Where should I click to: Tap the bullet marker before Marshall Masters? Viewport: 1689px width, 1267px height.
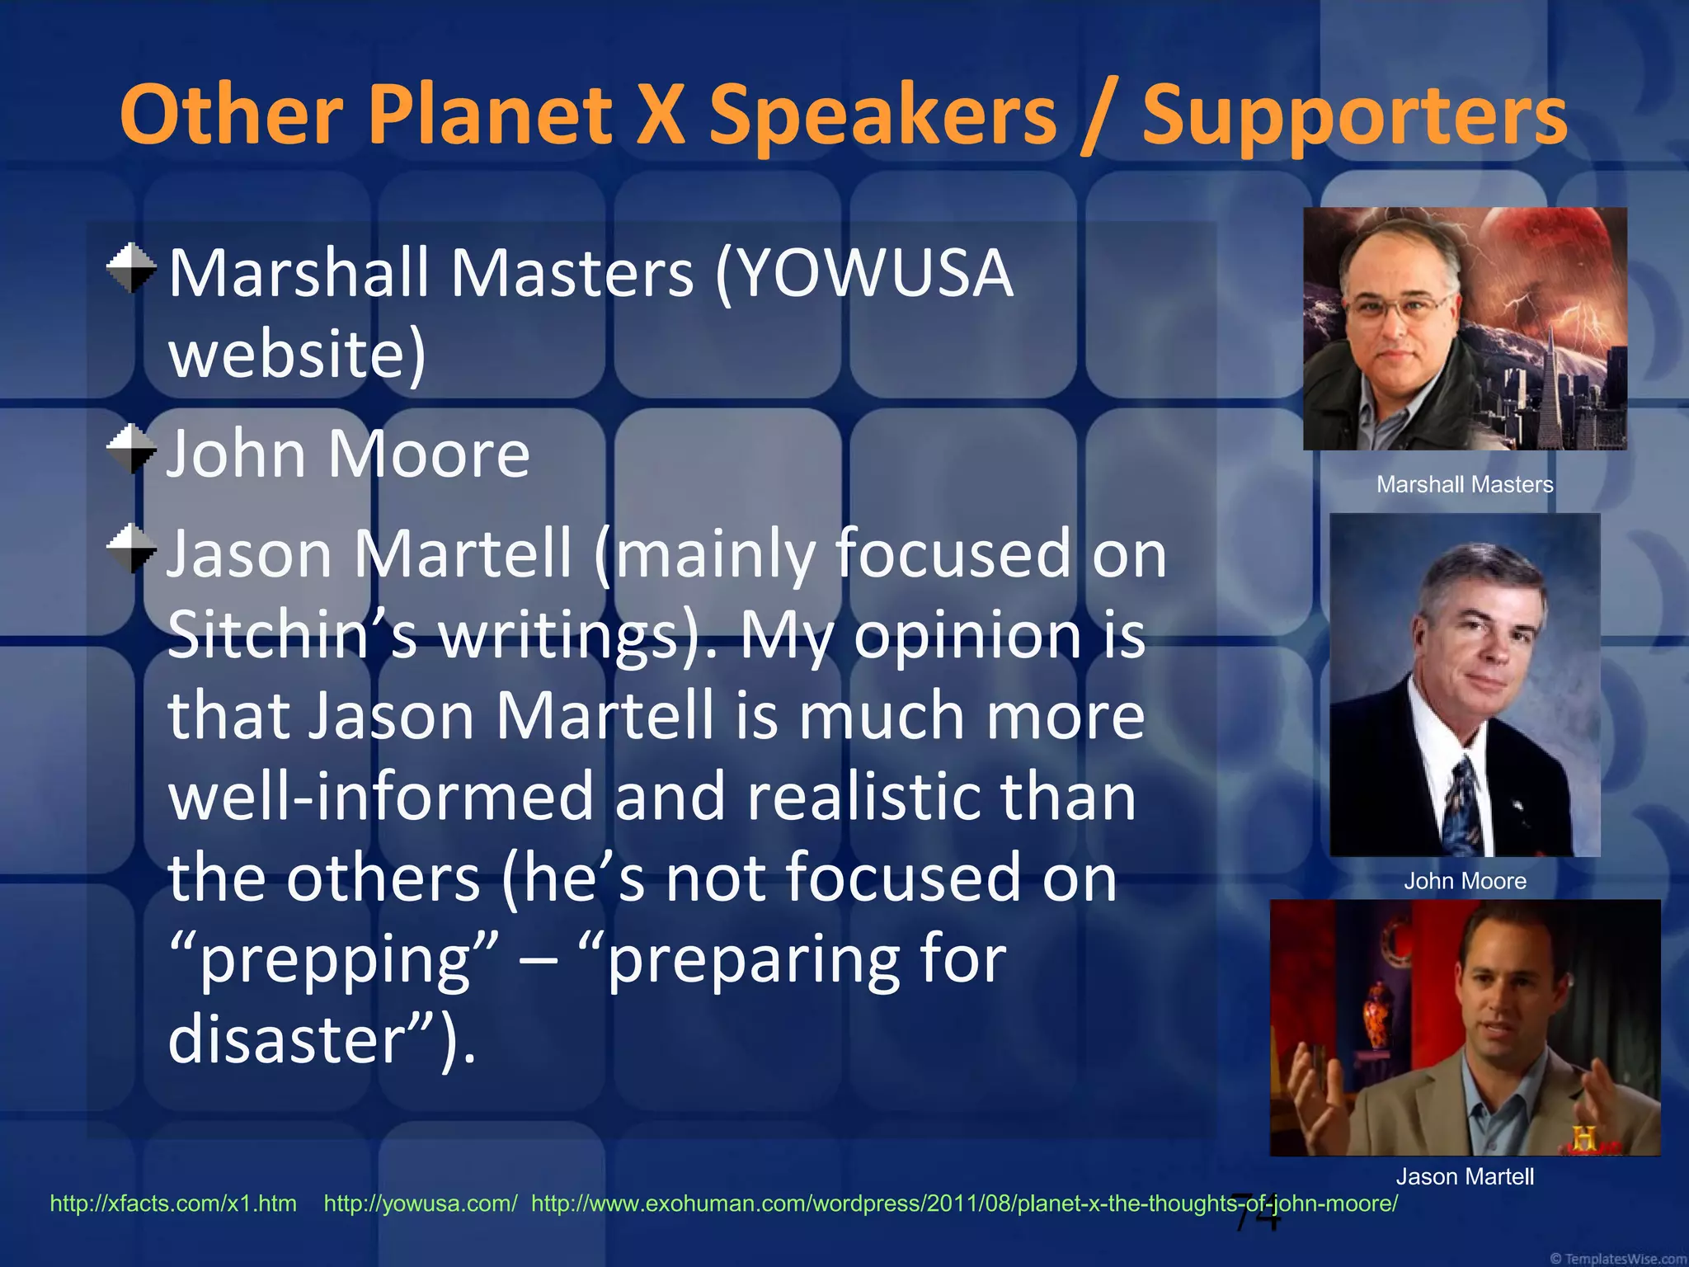point(131,268)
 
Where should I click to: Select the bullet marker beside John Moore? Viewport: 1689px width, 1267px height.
point(131,449)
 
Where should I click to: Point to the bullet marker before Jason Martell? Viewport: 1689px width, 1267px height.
point(131,549)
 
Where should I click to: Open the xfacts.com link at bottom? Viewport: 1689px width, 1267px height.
point(173,1203)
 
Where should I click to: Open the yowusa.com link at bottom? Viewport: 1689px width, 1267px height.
point(421,1203)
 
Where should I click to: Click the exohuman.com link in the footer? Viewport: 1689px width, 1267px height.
point(964,1203)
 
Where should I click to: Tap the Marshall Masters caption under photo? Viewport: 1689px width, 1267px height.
point(1465,484)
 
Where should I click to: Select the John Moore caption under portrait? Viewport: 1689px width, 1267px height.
point(1465,881)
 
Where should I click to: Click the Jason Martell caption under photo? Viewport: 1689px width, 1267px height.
point(1465,1176)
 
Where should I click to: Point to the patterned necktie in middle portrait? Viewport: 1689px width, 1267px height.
point(1464,804)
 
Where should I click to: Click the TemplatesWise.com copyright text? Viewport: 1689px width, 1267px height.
point(1618,1259)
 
